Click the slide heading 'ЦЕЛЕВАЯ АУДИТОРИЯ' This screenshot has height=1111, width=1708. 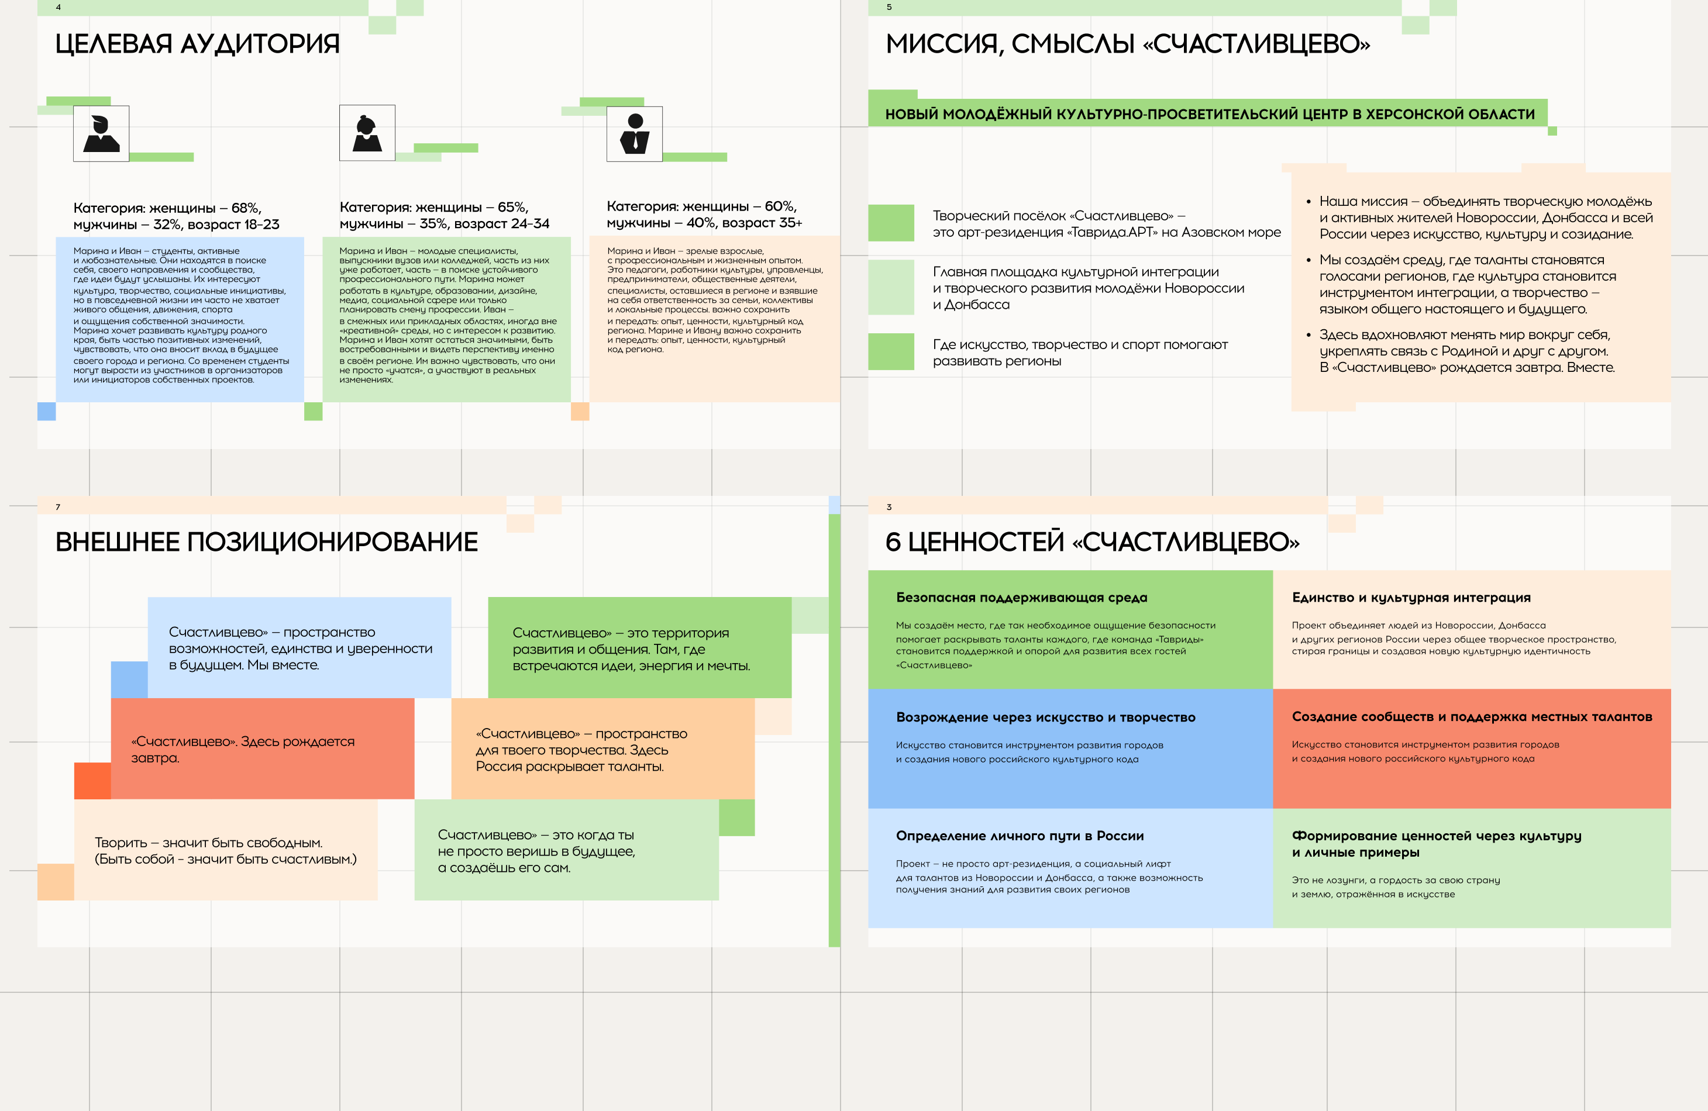point(197,44)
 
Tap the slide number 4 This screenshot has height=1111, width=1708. point(58,7)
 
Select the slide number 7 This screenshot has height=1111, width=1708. point(58,507)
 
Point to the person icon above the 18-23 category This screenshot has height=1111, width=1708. point(101,133)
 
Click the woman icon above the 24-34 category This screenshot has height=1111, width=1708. point(367,133)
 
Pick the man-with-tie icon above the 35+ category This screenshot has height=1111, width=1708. point(635,133)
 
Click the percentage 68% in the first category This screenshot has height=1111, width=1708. point(246,208)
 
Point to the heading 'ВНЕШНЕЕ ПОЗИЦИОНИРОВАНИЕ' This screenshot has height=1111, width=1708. point(266,542)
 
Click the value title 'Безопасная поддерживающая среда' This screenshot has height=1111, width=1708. point(1021,598)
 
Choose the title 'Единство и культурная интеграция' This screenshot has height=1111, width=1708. point(1411,598)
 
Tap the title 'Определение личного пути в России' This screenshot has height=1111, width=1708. point(1020,836)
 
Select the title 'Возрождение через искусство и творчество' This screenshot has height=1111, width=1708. point(1046,717)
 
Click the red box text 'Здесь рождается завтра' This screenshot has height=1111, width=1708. point(243,750)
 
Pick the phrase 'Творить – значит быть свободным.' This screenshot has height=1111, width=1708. point(209,843)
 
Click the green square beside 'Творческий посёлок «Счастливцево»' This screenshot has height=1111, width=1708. point(891,223)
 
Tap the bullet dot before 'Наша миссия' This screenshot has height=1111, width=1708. point(1308,202)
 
